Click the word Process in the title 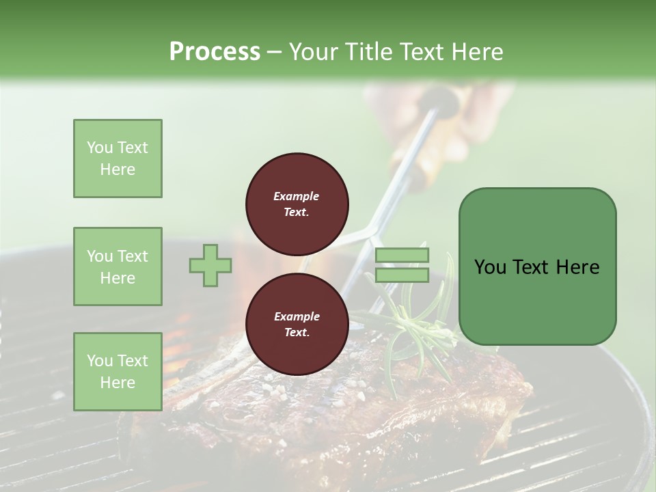point(215,51)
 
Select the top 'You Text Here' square point(118,159)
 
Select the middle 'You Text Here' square point(118,266)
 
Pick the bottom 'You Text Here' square point(118,371)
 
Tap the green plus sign point(210,265)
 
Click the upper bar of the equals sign point(402,256)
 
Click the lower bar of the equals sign point(402,275)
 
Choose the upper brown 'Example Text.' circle point(297,204)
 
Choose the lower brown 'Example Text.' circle point(297,325)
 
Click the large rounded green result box point(537,266)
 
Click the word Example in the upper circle point(297,196)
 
